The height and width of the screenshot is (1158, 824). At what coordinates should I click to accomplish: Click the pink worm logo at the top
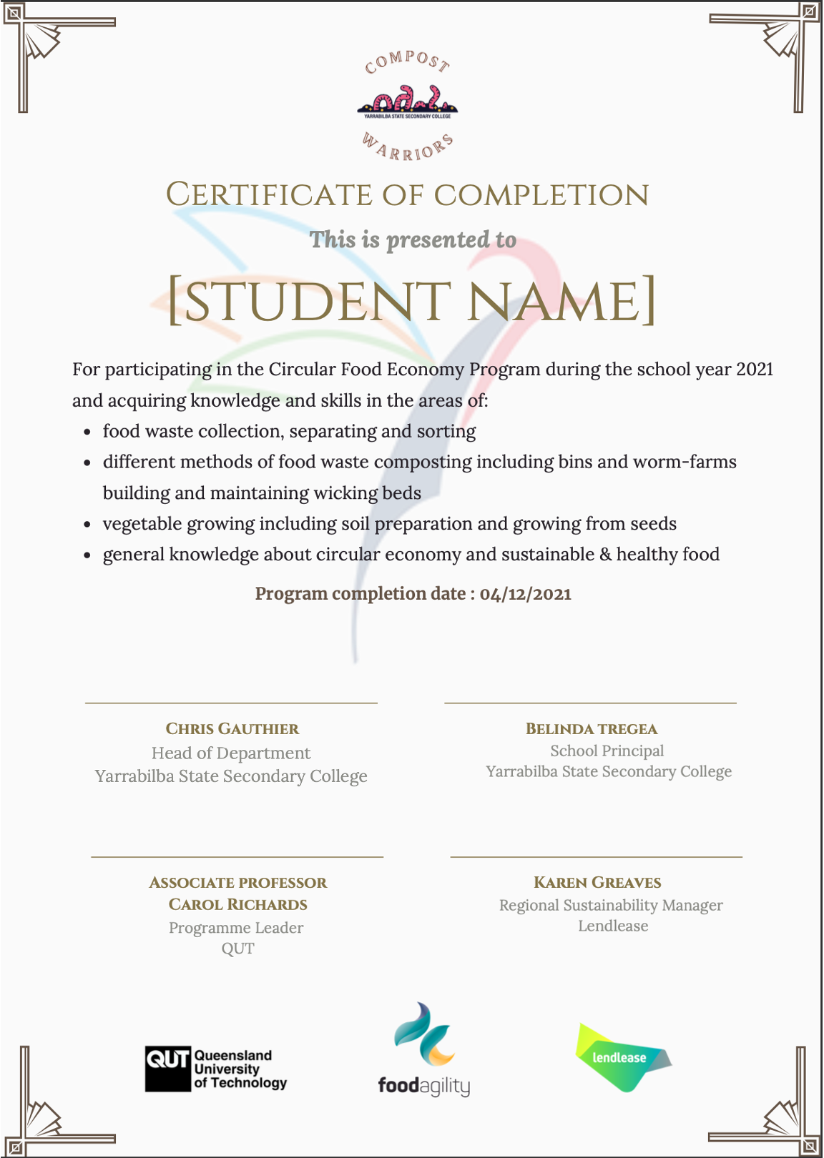pyautogui.click(x=408, y=100)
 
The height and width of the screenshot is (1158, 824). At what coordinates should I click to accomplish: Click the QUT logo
pyautogui.click(x=215, y=1069)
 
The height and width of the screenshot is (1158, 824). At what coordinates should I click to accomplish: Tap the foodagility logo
pyautogui.click(x=424, y=1049)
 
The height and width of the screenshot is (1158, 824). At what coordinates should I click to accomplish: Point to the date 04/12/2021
pyautogui.click(x=526, y=594)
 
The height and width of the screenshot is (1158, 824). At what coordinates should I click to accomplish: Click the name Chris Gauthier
pyautogui.click(x=232, y=729)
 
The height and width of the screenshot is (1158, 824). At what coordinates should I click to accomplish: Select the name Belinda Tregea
pyautogui.click(x=592, y=729)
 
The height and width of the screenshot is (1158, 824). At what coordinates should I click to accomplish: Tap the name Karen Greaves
pyautogui.click(x=597, y=883)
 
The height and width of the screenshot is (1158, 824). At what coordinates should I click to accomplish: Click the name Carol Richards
pyautogui.click(x=238, y=905)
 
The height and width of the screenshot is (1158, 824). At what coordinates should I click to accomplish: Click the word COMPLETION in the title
pyautogui.click(x=541, y=195)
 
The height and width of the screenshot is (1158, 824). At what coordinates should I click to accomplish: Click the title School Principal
pyautogui.click(x=607, y=751)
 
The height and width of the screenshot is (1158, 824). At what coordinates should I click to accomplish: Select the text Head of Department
pyautogui.click(x=231, y=753)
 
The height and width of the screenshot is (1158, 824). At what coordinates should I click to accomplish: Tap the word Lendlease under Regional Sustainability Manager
pyautogui.click(x=613, y=926)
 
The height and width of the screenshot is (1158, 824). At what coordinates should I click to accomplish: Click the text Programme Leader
pyautogui.click(x=236, y=928)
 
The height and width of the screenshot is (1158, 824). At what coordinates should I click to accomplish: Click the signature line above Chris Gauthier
pyautogui.click(x=231, y=703)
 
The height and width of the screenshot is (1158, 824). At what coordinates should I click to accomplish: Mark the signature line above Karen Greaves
pyautogui.click(x=596, y=856)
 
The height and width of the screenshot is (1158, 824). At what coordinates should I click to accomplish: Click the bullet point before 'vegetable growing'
pyautogui.click(x=87, y=525)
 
